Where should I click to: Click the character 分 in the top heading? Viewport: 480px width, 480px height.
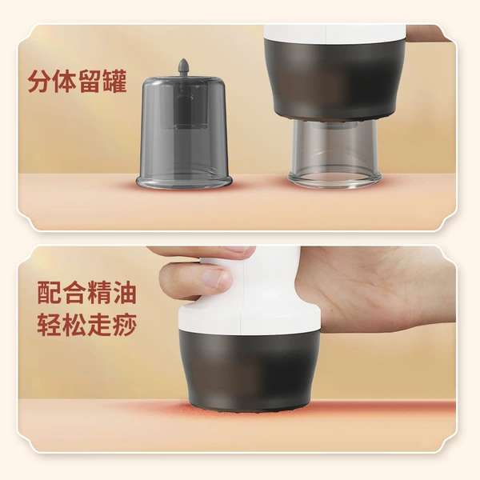coord(39,82)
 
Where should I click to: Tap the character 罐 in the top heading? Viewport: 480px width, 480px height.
coord(115,82)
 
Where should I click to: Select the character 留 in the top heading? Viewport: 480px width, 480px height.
coord(90,82)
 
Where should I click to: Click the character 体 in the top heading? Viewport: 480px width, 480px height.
coord(65,82)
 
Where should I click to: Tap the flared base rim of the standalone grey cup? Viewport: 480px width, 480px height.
coord(184,182)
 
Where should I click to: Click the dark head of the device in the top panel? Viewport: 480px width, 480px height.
coord(335,79)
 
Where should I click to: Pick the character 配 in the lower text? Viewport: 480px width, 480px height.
coord(50,293)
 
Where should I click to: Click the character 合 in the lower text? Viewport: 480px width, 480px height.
coord(74,293)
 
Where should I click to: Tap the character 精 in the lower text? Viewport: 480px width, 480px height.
coord(99,293)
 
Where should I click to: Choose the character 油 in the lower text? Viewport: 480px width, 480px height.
coord(124,293)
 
